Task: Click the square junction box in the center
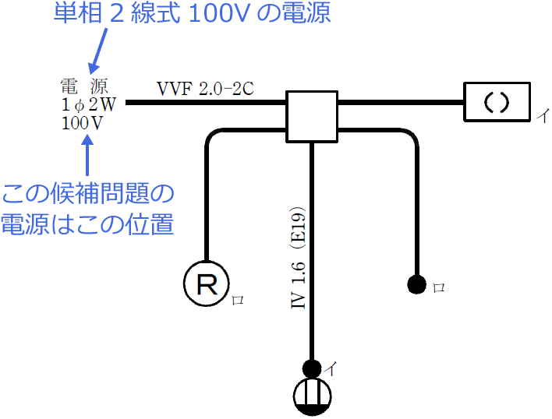pyautogui.click(x=312, y=116)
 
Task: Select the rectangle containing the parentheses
pyautogui.click(x=496, y=102)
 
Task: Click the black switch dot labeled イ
pyautogui.click(x=313, y=368)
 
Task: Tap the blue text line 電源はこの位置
pyautogui.click(x=87, y=224)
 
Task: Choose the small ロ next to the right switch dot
pyautogui.click(x=438, y=287)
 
